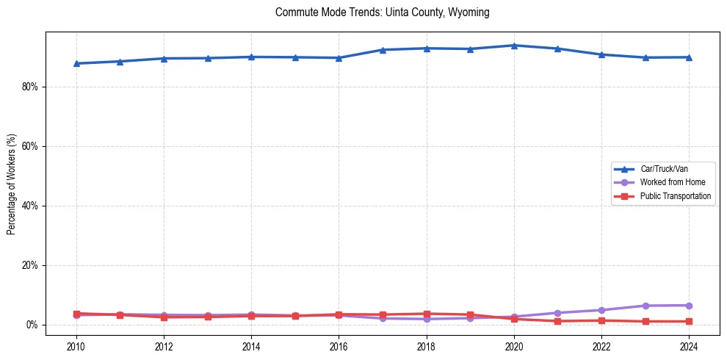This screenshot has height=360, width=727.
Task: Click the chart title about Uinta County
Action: pyautogui.click(x=382, y=12)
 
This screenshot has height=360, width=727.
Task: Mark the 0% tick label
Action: pyautogui.click(x=32, y=325)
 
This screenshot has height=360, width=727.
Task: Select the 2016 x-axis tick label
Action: pyautogui.click(x=339, y=345)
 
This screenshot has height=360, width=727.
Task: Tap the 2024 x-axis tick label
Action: pyautogui.click(x=689, y=345)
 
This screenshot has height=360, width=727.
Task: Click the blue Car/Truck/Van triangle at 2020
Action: pyautogui.click(x=514, y=46)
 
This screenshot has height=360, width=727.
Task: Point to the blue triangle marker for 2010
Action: pyautogui.click(x=76, y=63)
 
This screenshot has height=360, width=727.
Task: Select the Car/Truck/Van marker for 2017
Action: pyautogui.click(x=383, y=50)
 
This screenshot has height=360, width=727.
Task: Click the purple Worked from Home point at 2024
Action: pyautogui.click(x=689, y=306)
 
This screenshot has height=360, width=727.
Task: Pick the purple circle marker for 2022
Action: pyautogui.click(x=601, y=310)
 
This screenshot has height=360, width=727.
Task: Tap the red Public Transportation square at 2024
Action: pyautogui.click(x=689, y=321)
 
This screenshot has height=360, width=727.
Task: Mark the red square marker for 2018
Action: pyautogui.click(x=427, y=314)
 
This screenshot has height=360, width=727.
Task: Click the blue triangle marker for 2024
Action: pyautogui.click(x=689, y=57)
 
